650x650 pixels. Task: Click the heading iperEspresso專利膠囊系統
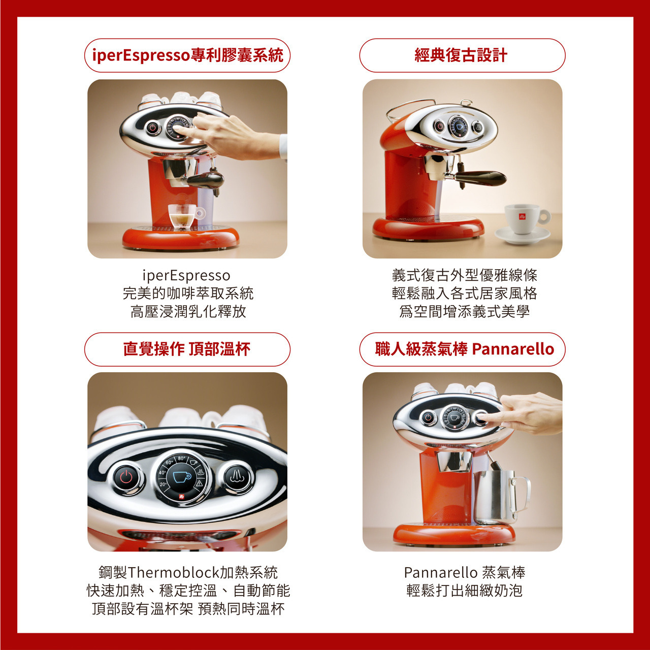pyautogui.click(x=187, y=55)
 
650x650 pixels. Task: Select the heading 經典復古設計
pyautogui.click(x=461, y=55)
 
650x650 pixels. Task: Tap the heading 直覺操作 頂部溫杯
pyautogui.click(x=187, y=349)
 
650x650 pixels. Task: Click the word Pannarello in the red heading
pyautogui.click(x=513, y=349)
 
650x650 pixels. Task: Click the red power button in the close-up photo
pyautogui.click(x=126, y=477)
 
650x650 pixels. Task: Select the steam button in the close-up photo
pyautogui.click(x=237, y=477)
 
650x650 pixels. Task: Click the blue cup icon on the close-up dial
pyautogui.click(x=182, y=477)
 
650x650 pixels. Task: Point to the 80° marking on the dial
pyautogui.click(x=181, y=459)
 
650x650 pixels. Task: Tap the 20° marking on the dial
pyautogui.click(x=163, y=484)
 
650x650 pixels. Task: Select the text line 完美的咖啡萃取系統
pyautogui.click(x=188, y=293)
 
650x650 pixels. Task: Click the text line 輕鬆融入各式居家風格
pyautogui.click(x=465, y=293)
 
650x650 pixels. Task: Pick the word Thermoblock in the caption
pyautogui.click(x=174, y=572)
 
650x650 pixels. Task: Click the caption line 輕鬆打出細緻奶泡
pyautogui.click(x=465, y=591)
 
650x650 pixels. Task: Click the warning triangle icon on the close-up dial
pyautogui.click(x=200, y=483)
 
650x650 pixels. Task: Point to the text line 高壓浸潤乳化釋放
pyautogui.click(x=188, y=311)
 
